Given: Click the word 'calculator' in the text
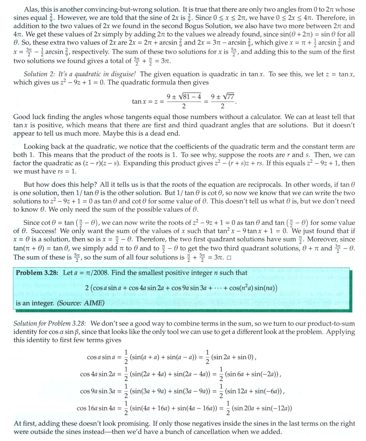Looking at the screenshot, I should click(x=262, y=117).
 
